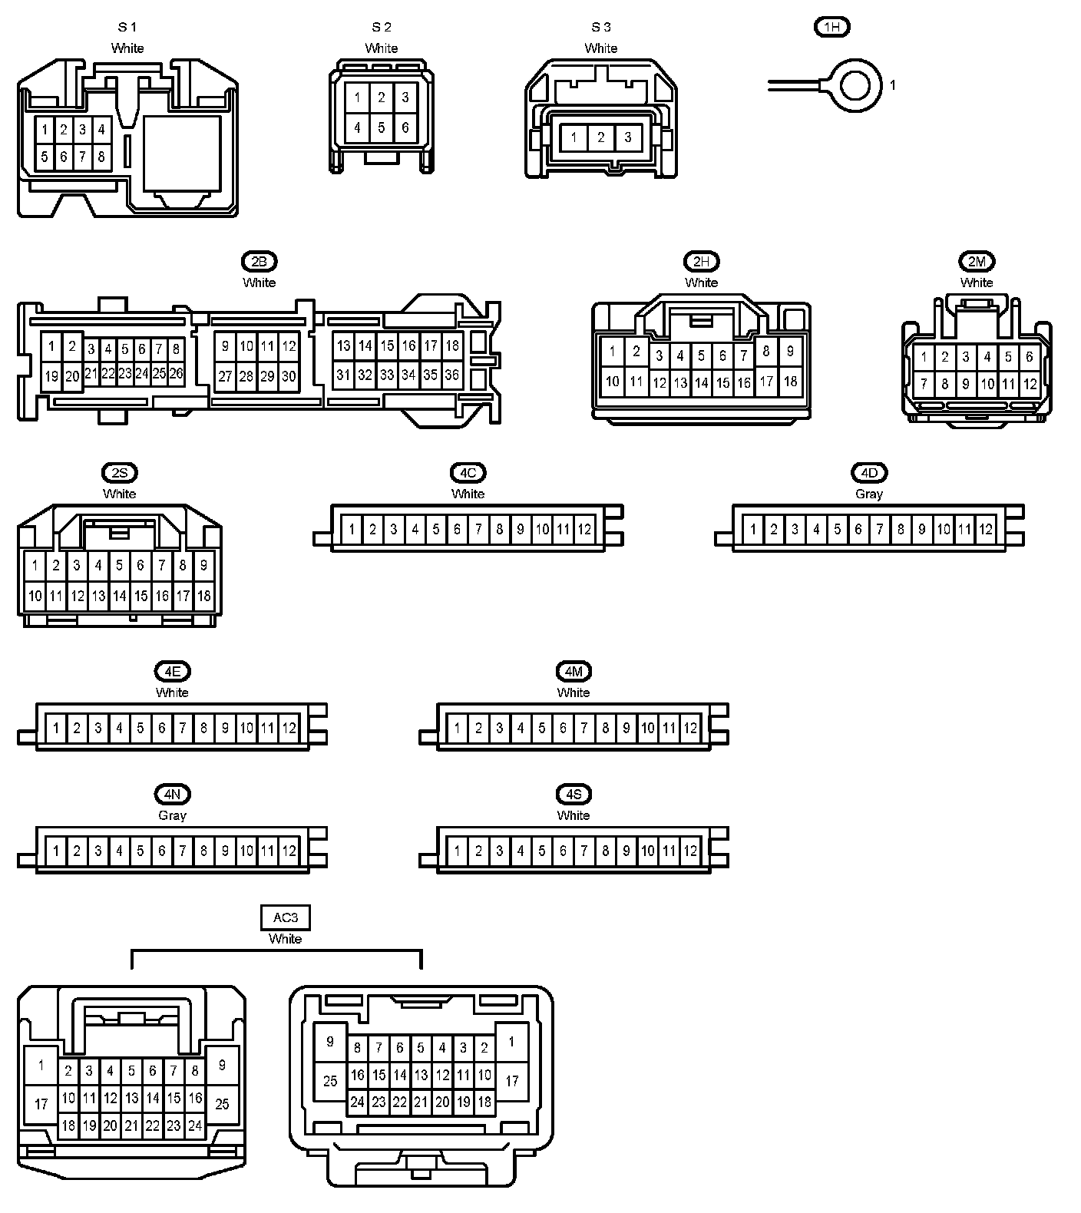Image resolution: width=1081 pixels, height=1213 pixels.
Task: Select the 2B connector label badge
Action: coord(259,262)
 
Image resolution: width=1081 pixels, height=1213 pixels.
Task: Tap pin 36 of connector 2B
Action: coord(452,375)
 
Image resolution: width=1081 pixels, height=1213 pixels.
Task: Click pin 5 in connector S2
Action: coord(381,127)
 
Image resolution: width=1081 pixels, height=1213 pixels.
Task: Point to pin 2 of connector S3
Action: coord(600,137)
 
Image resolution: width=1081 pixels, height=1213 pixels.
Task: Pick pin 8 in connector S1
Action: coord(101,157)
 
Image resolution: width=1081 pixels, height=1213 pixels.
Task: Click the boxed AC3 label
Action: coord(286,917)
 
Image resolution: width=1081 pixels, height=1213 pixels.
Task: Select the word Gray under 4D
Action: coord(869,494)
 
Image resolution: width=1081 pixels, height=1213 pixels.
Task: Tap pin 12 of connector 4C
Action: coord(584,529)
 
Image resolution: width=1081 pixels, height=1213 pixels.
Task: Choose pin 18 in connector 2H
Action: coord(790,381)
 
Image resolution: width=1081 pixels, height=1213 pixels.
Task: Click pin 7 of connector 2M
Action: coord(924,384)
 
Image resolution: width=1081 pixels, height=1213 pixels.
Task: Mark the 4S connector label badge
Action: coord(574,795)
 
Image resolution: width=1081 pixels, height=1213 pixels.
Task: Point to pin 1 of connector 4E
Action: coord(55,727)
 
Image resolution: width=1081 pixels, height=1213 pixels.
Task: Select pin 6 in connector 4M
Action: coord(563,727)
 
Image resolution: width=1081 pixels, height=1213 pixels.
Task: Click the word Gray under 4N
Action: coord(172,815)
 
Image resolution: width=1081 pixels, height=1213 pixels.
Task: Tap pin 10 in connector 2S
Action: coord(35,595)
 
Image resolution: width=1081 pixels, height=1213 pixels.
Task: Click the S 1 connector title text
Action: coord(127,28)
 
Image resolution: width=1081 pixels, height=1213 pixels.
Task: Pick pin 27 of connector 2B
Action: coord(225,376)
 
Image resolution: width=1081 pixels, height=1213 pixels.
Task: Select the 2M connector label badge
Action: coord(977,262)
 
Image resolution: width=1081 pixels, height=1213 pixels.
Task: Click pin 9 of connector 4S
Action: coord(626,850)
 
